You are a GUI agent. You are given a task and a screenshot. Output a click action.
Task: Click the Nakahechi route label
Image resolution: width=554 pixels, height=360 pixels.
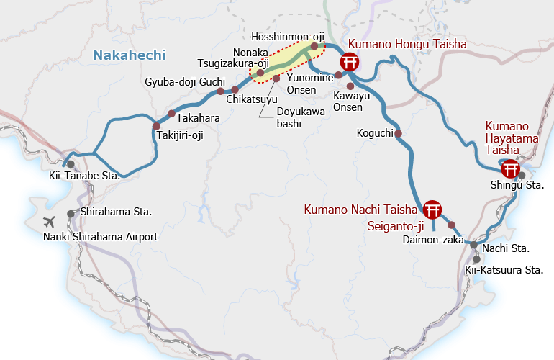130,55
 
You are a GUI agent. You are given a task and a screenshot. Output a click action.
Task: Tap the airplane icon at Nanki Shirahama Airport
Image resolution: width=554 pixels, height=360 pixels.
50,222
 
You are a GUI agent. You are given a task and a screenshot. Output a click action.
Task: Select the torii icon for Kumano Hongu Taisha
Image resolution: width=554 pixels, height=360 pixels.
350,63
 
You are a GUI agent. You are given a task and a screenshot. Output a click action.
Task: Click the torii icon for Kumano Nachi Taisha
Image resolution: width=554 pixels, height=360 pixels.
432,210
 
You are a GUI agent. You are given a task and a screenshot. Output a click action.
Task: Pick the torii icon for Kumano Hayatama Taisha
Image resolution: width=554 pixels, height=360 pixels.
510,170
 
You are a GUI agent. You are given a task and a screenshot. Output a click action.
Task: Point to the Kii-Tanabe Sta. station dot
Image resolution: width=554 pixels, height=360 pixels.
71,164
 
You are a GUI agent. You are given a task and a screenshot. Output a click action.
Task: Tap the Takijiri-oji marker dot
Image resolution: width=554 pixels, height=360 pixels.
156,125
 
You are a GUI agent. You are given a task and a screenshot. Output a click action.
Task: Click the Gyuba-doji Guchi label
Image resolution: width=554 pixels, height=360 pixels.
185,82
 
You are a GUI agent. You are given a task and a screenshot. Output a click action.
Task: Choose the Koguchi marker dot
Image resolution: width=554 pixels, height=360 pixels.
398,133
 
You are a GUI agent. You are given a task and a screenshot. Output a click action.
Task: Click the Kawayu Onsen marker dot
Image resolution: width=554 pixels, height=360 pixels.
350,86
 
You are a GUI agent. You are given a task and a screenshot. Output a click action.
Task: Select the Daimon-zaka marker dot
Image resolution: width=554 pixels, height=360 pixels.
451,225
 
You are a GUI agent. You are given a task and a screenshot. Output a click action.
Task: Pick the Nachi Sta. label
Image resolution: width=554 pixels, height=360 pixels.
506,248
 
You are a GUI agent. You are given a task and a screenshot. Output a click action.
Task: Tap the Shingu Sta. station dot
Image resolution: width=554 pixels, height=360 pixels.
522,175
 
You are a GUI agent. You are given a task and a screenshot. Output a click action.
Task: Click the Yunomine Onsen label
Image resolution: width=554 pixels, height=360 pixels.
310,84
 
